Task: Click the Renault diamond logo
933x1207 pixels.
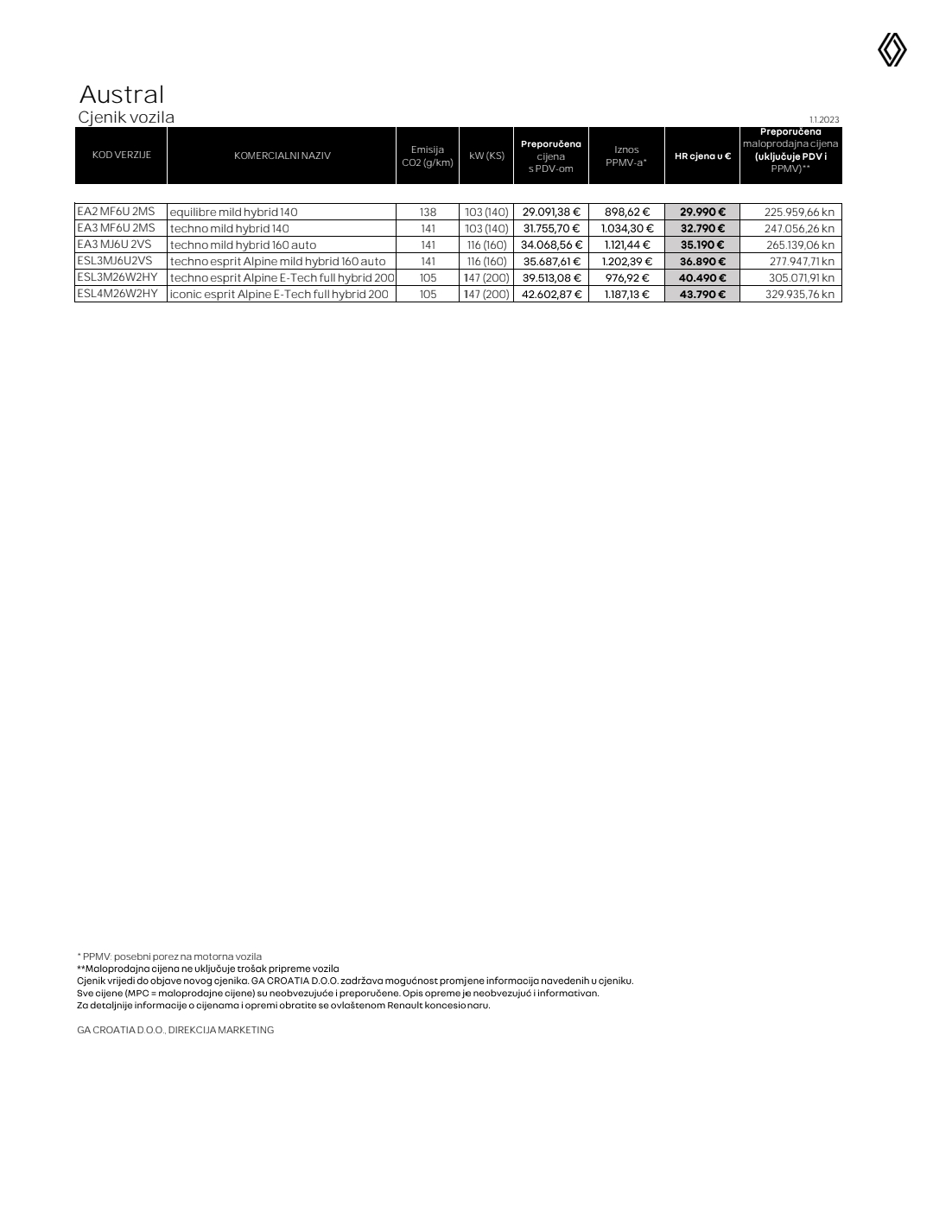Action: (x=892, y=50)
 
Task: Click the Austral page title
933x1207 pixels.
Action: (x=121, y=94)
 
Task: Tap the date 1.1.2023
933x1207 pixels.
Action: (x=823, y=119)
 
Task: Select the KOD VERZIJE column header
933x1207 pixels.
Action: (x=121, y=156)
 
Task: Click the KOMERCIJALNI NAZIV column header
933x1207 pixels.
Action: (x=282, y=156)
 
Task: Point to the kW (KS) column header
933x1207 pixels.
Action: (x=486, y=156)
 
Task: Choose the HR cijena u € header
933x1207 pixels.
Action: (x=702, y=156)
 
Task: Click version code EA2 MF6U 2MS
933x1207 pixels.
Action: (x=116, y=212)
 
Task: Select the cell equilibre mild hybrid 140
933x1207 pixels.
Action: (x=233, y=213)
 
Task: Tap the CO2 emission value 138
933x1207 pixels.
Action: (x=428, y=213)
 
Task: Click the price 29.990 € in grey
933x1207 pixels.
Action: (x=702, y=213)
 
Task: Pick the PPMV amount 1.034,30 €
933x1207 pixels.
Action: (x=627, y=229)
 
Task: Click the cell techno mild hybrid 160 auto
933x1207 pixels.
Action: (x=243, y=245)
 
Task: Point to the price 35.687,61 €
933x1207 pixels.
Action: (x=551, y=262)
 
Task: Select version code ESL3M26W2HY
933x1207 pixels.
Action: (x=117, y=277)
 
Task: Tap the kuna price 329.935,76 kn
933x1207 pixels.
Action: (x=799, y=295)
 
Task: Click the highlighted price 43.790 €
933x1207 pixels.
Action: (x=702, y=295)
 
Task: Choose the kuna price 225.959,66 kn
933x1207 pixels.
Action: (x=799, y=213)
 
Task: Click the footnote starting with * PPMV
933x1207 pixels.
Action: (x=169, y=956)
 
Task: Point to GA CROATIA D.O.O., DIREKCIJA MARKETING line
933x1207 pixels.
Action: (x=175, y=1030)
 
